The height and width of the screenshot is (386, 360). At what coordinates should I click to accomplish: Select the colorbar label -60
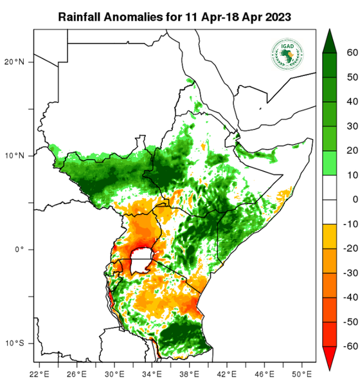[350, 346]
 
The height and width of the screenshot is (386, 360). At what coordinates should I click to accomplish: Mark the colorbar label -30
[350, 273]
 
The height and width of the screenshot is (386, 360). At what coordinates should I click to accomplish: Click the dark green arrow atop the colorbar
[329, 40]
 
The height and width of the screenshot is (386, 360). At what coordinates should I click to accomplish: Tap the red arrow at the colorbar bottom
[329, 358]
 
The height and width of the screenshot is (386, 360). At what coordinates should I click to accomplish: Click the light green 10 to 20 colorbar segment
[329, 163]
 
